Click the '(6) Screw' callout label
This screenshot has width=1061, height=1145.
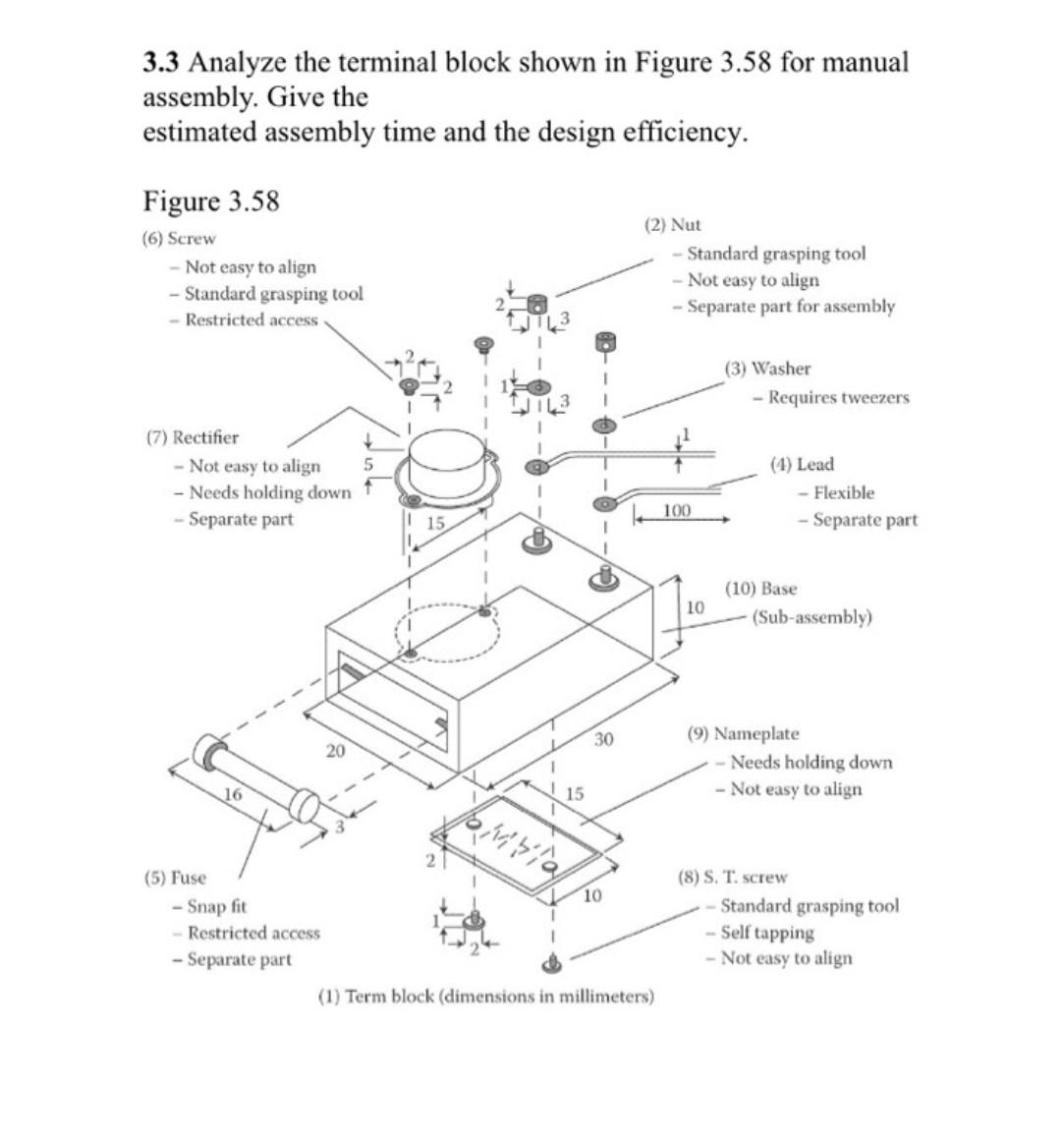(x=179, y=239)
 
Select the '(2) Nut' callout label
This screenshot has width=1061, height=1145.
(x=673, y=225)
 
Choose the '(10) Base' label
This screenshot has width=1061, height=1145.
(x=761, y=589)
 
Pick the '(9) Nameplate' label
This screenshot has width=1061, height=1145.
(x=743, y=733)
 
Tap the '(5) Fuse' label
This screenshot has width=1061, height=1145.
(x=175, y=877)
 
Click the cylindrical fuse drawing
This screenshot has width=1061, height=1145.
(x=255, y=777)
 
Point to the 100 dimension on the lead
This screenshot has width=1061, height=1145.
(x=677, y=510)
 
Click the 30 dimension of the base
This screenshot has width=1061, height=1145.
(x=603, y=738)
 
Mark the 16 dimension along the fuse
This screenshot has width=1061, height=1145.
(x=232, y=793)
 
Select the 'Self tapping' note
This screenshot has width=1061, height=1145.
(x=766, y=932)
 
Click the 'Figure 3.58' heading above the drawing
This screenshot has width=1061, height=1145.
(x=211, y=201)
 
